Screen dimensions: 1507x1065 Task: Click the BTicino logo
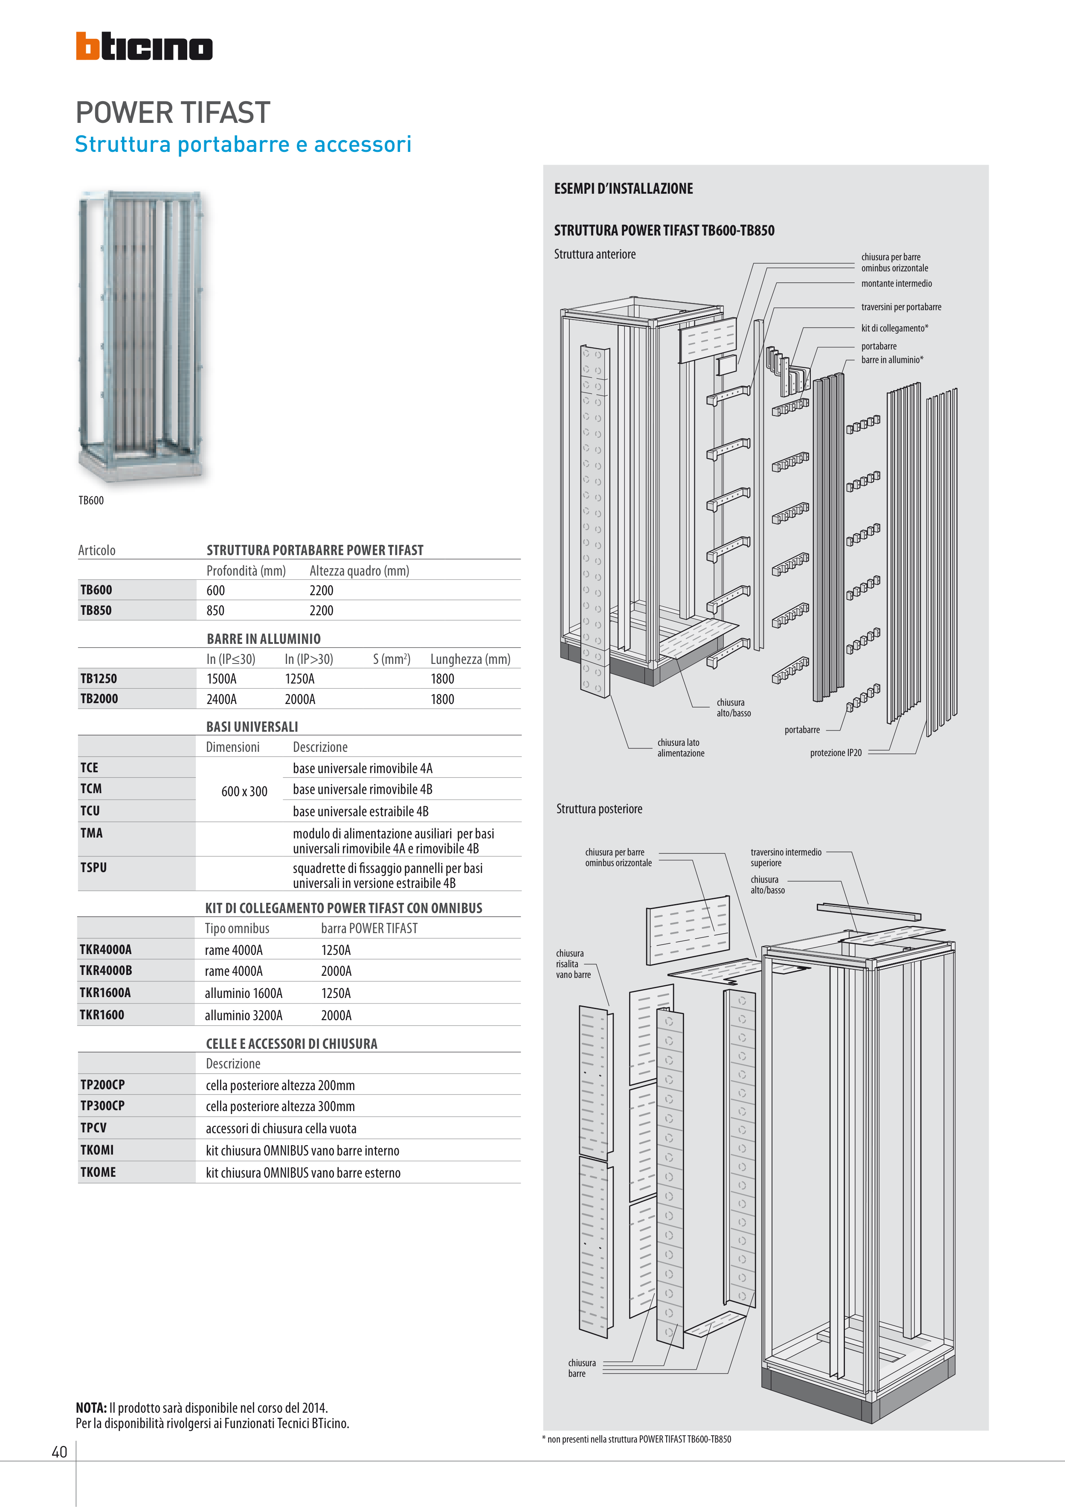(144, 46)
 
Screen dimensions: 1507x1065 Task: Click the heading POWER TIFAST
(173, 113)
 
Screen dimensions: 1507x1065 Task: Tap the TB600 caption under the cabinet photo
(91, 500)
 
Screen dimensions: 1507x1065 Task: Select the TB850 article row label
(96, 610)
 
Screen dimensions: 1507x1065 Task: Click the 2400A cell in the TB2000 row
(221, 699)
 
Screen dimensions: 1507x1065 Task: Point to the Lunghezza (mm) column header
(470, 659)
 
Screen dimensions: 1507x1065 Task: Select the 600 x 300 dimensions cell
(244, 791)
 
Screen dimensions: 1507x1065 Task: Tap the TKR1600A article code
(105, 992)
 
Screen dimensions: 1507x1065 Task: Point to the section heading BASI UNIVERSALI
(252, 727)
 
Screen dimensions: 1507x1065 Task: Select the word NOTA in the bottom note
(90, 1407)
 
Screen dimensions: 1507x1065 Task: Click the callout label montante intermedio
(897, 284)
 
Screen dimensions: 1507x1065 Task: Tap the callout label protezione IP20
(836, 753)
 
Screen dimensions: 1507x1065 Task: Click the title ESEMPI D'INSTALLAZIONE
(624, 189)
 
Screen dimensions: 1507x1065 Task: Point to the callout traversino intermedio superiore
(786, 857)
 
